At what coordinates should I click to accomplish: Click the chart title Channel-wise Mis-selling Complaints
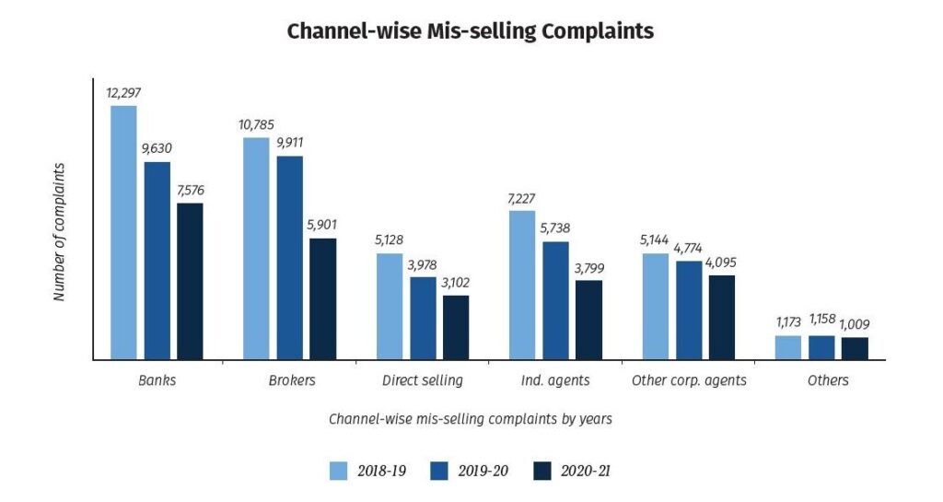(471, 30)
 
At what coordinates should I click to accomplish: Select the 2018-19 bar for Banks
(123, 232)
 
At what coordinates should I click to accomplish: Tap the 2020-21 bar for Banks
(190, 281)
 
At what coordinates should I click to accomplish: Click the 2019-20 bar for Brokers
(290, 257)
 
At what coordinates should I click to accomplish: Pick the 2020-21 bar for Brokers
(323, 298)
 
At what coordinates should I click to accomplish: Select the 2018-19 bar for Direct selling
(390, 306)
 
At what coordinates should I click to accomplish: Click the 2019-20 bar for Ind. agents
(555, 300)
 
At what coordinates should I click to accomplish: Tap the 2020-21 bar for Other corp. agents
(722, 317)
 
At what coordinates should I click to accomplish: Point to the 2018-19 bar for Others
(788, 347)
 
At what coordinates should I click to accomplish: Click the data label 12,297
(124, 92)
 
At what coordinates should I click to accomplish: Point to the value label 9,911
(290, 142)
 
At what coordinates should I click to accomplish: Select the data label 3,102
(456, 282)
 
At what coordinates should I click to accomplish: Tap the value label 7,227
(522, 197)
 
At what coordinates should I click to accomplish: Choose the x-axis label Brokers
(290, 379)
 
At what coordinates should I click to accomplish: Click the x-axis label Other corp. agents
(689, 379)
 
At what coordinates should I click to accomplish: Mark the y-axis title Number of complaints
(59, 232)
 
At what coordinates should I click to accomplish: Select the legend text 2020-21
(585, 471)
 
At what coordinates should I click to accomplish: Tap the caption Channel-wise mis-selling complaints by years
(471, 418)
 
